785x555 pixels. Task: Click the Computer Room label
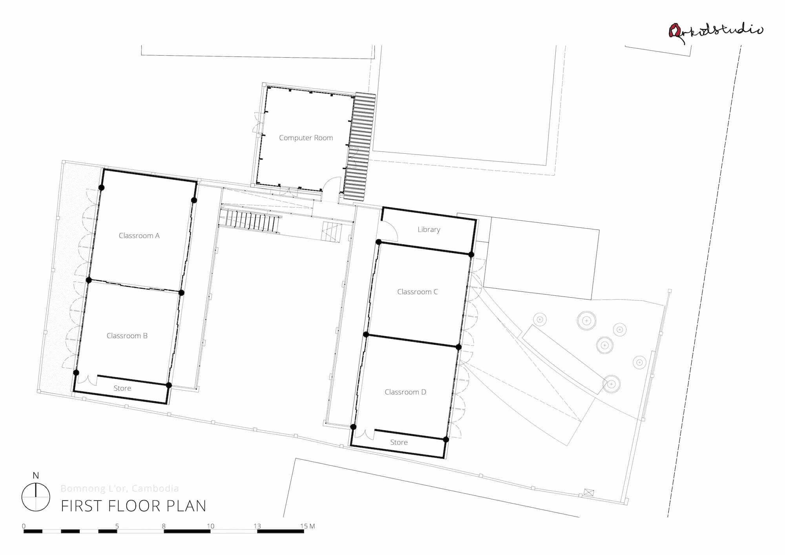coord(306,138)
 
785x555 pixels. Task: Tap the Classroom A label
coord(139,236)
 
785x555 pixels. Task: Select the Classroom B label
coord(127,336)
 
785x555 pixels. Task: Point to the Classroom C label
coord(417,292)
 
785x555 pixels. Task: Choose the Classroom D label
coord(405,392)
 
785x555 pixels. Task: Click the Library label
coord(429,229)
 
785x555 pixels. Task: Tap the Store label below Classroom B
coord(122,388)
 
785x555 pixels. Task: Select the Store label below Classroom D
coord(399,442)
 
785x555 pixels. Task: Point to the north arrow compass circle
coord(36,497)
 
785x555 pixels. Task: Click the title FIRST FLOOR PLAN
coord(133,506)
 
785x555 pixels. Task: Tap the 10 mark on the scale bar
coord(210,526)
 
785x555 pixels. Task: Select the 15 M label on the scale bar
coord(307,526)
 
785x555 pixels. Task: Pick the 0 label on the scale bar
coord(24,526)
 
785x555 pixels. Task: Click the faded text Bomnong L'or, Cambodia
coord(120,488)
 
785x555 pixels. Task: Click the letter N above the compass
coord(36,476)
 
